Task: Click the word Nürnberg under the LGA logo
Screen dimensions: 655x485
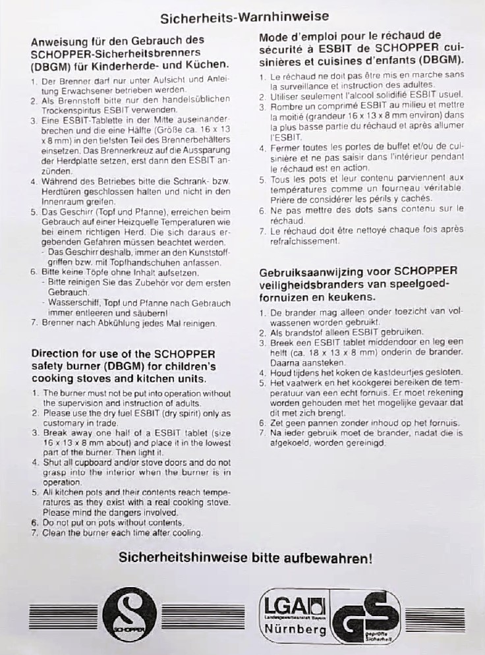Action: point(295,629)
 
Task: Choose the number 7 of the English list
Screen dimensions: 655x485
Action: point(34,532)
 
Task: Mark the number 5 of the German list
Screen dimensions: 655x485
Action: point(34,212)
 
